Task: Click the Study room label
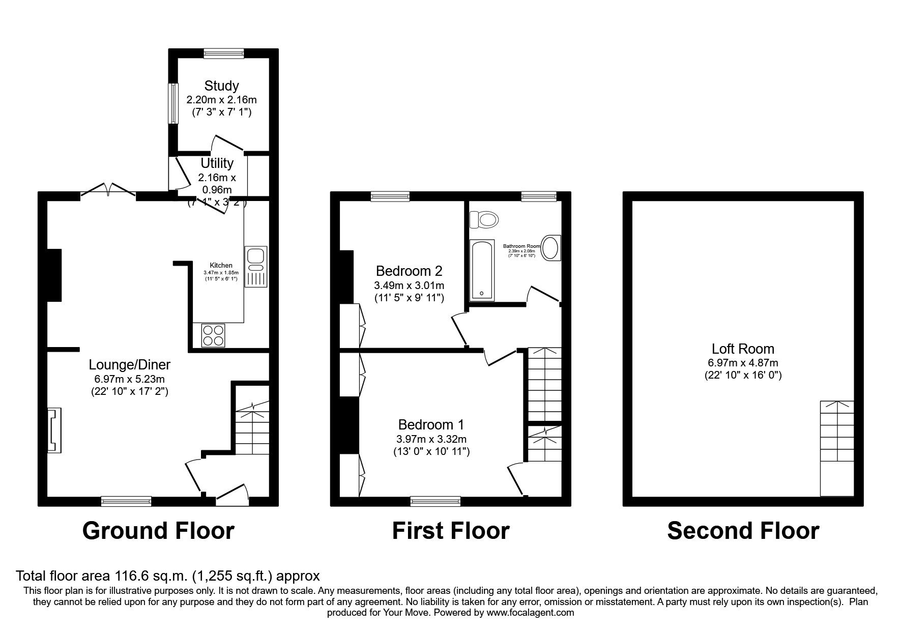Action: tap(221, 85)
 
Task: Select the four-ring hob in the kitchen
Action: tap(213, 335)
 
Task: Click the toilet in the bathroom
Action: tap(484, 220)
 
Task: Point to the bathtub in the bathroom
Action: tap(481, 270)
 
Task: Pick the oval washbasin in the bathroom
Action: tap(551, 248)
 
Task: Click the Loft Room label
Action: tap(742, 349)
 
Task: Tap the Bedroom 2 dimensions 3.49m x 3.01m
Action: tap(409, 285)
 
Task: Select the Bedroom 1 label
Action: tap(431, 424)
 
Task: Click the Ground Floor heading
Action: tap(158, 531)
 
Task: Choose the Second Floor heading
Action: tap(742, 531)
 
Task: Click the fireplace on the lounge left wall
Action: tap(53, 429)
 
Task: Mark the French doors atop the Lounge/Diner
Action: tap(108, 192)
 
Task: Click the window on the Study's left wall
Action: tap(173, 103)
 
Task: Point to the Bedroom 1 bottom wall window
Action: tap(435, 501)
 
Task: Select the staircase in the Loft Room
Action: tap(836, 448)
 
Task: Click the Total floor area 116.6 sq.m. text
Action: tap(168, 576)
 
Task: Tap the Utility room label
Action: tap(217, 163)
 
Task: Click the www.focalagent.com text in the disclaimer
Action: tap(530, 613)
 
